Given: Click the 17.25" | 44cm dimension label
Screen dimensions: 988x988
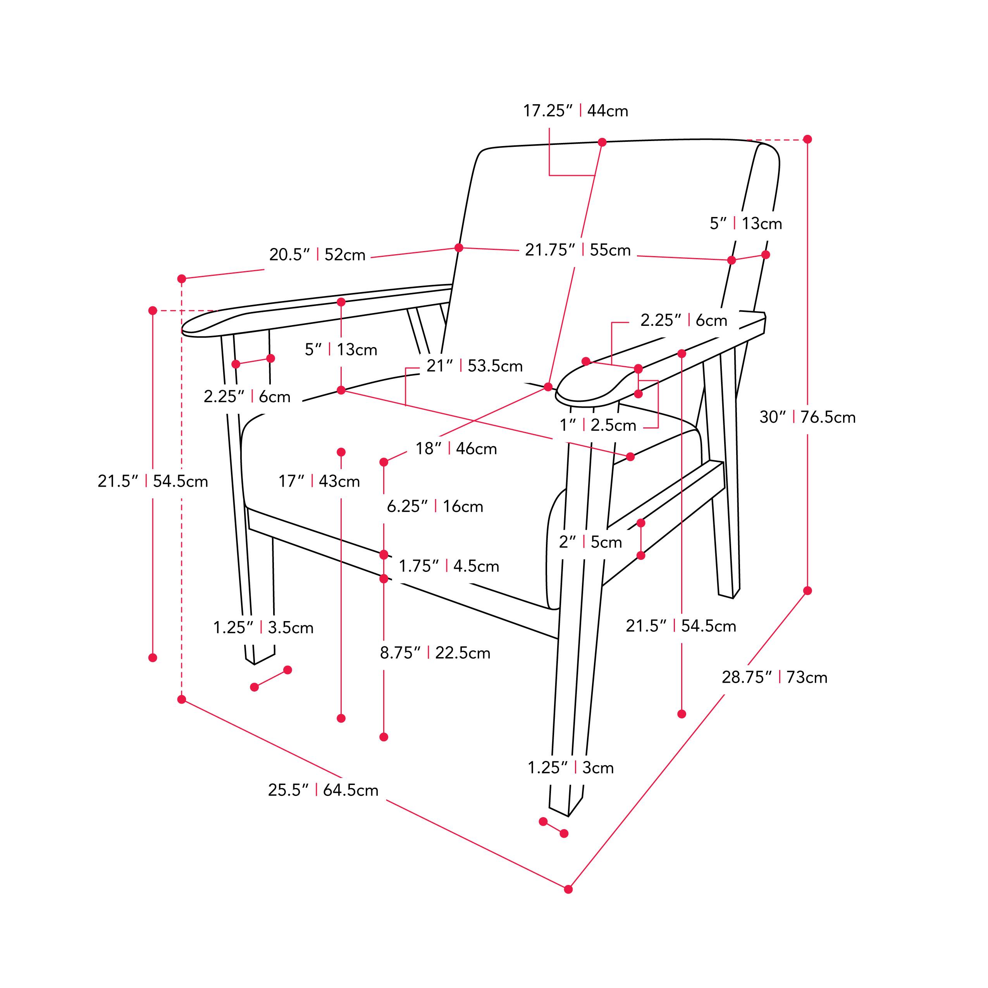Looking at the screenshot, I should (x=575, y=110).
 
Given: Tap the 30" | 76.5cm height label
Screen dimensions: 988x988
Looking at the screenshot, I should (x=807, y=417).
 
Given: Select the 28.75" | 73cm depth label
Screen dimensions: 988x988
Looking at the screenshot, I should (x=774, y=677).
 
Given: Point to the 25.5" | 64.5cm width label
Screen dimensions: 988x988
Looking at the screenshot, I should (x=323, y=790).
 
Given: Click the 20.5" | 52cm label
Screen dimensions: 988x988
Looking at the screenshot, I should (x=317, y=255).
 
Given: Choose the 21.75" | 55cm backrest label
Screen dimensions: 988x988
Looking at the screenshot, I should (x=578, y=250).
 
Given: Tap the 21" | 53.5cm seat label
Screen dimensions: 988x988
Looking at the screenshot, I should (x=475, y=366).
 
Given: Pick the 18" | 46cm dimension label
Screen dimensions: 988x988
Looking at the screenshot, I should (x=456, y=449).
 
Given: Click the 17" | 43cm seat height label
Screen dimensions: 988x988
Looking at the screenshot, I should (x=319, y=481).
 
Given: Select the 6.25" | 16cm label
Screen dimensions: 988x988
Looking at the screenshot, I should (x=435, y=506).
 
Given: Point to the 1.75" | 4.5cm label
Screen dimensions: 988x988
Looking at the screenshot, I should (x=449, y=566).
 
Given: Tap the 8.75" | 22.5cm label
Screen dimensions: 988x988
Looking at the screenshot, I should (x=435, y=653).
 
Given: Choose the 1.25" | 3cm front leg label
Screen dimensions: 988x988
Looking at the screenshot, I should (x=571, y=768).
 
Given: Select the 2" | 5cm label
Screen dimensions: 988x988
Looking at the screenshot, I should (x=590, y=542).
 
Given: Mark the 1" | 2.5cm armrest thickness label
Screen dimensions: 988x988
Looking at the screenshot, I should (x=598, y=425).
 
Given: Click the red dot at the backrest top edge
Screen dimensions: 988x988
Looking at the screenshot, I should (x=602, y=142).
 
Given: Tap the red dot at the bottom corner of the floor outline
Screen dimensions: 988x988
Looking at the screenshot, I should (x=568, y=889).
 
